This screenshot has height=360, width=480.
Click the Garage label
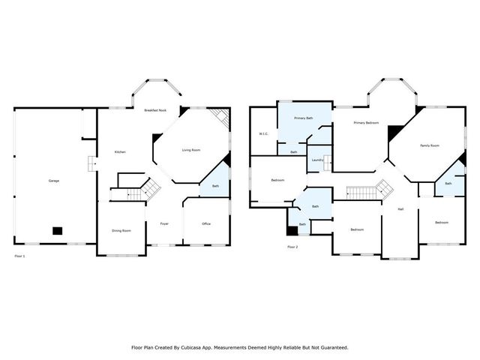54,181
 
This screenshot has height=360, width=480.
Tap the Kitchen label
120,152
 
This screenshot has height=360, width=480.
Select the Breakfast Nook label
155,110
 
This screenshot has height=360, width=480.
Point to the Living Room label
191,150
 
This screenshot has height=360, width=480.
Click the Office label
206,223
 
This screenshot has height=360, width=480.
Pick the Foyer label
163,223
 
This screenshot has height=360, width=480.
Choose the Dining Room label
121,230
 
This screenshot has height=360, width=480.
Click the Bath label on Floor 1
215,186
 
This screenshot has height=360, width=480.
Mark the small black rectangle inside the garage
57,231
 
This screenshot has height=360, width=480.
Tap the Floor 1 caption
20,256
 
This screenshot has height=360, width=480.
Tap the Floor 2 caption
292,247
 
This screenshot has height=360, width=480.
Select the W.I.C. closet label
263,134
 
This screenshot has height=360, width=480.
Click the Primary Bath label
304,118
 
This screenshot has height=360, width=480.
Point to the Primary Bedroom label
366,123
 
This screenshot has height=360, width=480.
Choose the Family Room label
430,145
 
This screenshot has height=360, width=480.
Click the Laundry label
317,160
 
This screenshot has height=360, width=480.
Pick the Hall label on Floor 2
400,208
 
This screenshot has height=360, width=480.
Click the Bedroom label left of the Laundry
277,180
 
